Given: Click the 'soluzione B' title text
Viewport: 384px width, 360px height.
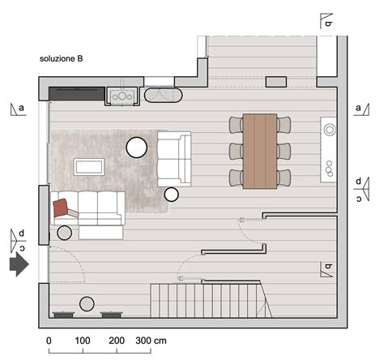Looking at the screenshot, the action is tap(61, 58).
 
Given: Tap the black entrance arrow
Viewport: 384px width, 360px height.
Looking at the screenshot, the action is tap(19, 264).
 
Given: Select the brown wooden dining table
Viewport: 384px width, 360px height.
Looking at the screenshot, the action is tap(260, 151).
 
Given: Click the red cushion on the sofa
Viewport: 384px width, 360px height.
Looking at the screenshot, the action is tap(61, 208).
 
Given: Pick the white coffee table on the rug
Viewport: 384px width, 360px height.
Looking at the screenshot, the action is tap(89, 167).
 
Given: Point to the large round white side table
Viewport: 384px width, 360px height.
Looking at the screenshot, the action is tap(137, 148).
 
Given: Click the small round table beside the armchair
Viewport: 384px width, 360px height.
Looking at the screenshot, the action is tap(172, 195).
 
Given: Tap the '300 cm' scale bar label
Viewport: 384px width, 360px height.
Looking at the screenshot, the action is tap(151, 341).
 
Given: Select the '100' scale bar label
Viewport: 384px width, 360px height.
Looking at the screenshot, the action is tap(83, 341).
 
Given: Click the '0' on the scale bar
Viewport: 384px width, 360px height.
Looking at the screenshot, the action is tap(49, 341).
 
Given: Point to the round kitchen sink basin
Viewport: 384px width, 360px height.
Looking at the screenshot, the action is tap(330, 130).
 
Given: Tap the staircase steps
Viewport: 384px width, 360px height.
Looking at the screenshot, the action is tap(211, 300).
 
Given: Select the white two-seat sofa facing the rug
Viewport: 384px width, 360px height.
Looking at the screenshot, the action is tap(174, 159).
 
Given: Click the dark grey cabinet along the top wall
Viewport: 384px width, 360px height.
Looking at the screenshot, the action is tap(77, 93).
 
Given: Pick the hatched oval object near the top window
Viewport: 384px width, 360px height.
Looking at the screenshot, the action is tap(164, 95).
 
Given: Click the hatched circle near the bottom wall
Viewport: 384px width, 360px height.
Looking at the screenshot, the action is tap(87, 304).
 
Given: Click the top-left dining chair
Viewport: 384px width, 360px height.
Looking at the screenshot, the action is tap(237, 125).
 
